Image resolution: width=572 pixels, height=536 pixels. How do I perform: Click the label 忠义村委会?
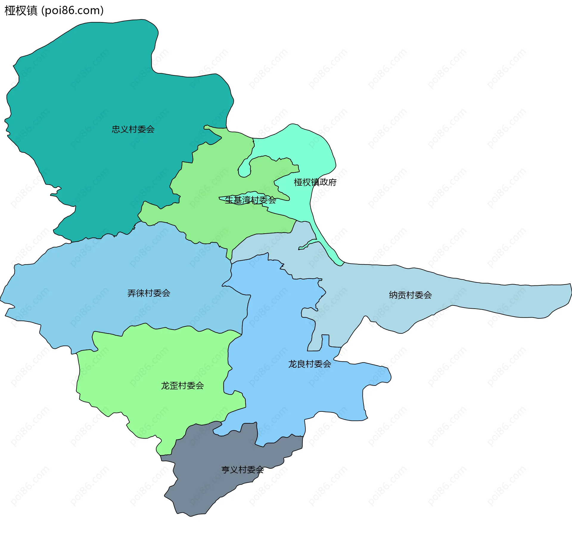point(133,129)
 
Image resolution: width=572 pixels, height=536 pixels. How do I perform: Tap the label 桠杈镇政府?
point(315,182)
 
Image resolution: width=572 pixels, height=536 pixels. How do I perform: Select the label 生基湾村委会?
point(250,200)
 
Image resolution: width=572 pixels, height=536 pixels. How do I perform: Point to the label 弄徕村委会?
point(149,293)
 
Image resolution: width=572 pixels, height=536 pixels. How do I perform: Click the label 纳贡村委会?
point(410,295)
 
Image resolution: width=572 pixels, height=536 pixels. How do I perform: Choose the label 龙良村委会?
point(310,364)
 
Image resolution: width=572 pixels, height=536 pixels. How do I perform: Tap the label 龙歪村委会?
point(182,386)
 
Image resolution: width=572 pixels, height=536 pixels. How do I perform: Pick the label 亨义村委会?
point(243,470)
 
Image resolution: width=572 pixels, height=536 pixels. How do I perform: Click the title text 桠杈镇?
point(21,10)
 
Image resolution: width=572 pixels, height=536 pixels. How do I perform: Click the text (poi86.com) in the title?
point(72,10)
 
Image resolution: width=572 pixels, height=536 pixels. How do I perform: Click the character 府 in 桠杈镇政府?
point(332,182)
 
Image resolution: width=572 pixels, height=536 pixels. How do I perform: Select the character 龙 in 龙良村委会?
point(293,364)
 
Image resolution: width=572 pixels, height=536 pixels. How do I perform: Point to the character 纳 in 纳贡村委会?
point(393,295)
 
